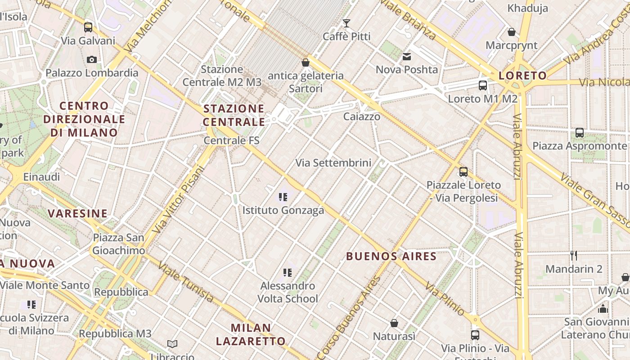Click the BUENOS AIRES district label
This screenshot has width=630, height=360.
391,256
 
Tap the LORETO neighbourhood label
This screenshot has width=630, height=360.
522,76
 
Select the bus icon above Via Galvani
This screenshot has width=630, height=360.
88,27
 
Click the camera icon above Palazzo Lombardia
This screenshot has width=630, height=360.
91,59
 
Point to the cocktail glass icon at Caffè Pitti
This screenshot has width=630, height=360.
346,23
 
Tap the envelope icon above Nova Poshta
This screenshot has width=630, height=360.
407,57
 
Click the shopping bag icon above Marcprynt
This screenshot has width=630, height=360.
511,32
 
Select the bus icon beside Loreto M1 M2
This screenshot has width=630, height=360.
483,85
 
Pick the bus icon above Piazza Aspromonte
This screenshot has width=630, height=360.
580,133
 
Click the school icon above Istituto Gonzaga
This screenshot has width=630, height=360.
283,197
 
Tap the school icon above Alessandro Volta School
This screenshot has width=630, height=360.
288,272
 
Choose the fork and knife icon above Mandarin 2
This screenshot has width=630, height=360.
574,256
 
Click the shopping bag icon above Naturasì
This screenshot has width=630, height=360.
394,323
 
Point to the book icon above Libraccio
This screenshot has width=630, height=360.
172,344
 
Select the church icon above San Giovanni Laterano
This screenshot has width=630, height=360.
603,309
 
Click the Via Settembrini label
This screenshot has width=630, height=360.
333,163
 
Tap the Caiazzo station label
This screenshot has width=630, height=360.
361,117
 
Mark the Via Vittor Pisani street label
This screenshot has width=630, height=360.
178,200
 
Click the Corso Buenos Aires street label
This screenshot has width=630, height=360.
348,318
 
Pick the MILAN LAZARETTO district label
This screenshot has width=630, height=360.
251,334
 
